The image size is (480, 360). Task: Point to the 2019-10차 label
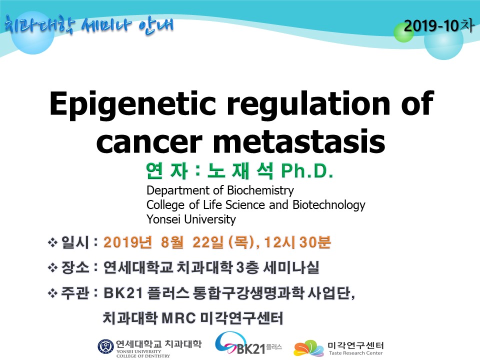tap(438, 25)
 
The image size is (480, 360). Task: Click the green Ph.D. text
tap(307, 171)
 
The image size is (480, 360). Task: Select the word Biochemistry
tap(260, 190)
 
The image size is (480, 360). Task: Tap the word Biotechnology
tap(329, 205)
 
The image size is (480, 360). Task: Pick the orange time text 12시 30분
tap(297, 242)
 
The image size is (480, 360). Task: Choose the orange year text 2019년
tap(127, 242)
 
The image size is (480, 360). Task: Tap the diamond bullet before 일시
tap(52, 243)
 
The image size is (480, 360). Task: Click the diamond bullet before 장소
tap(52, 268)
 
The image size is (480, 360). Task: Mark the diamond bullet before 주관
tap(52, 293)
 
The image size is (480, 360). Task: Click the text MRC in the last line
tap(178, 318)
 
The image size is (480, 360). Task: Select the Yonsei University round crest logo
tap(105, 347)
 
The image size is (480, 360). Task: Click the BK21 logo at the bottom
tap(248, 344)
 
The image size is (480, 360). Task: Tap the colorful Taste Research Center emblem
tap(308, 348)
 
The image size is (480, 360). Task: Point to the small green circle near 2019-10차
tap(403, 32)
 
